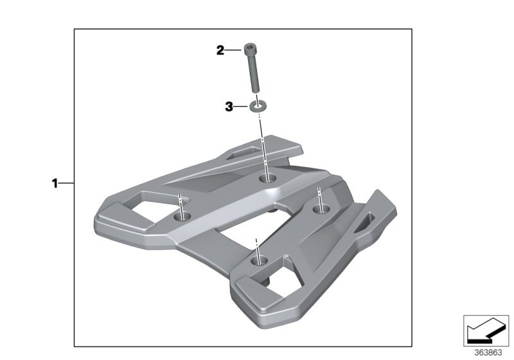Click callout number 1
[55, 183]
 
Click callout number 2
[220, 51]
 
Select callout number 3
[229, 107]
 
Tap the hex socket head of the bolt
[251, 48]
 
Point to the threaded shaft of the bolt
[254, 72]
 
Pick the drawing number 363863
[488, 352]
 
